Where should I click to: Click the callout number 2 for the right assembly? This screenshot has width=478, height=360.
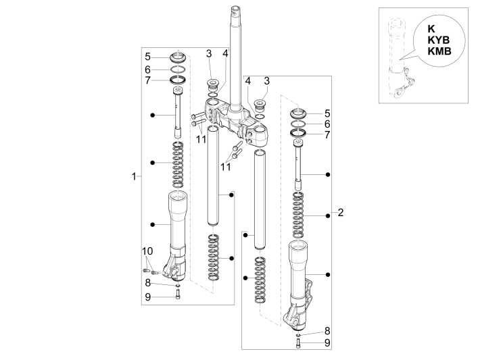click(341, 213)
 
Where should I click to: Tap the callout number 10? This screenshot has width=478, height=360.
click(147, 252)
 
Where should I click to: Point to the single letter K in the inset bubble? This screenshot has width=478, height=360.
click(431, 29)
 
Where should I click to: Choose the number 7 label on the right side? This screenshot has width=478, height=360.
click(327, 134)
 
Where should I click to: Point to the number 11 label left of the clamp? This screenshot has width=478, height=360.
click(201, 138)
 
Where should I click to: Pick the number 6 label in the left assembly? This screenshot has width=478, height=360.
click(147, 69)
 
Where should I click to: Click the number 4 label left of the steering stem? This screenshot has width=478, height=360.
click(226, 53)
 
